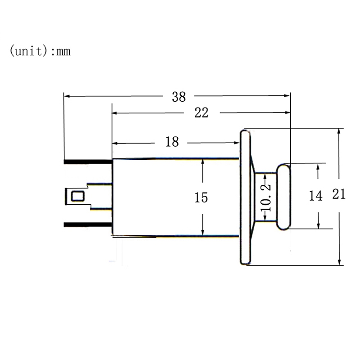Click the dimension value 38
pyautogui.click(x=179, y=97)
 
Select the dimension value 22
pyautogui.click(x=201, y=113)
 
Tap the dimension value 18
pyautogui.click(x=172, y=143)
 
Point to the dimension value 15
pyautogui.click(x=202, y=197)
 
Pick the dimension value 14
pyautogui.click(x=316, y=196)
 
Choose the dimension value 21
pyautogui.click(x=339, y=194)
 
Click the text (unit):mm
pyautogui.click(x=40, y=51)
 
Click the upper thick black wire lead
pyautogui.click(x=87, y=161)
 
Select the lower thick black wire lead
pyautogui.click(x=87, y=225)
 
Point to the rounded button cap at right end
pyautogui.click(x=283, y=197)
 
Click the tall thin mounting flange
pyautogui.click(x=245, y=197)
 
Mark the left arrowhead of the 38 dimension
pyautogui.click(x=67, y=96)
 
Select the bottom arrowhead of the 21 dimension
pyautogui.click(x=340, y=262)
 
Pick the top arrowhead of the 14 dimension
pyautogui.click(x=319, y=166)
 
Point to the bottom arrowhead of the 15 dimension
pyautogui.click(x=203, y=232)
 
